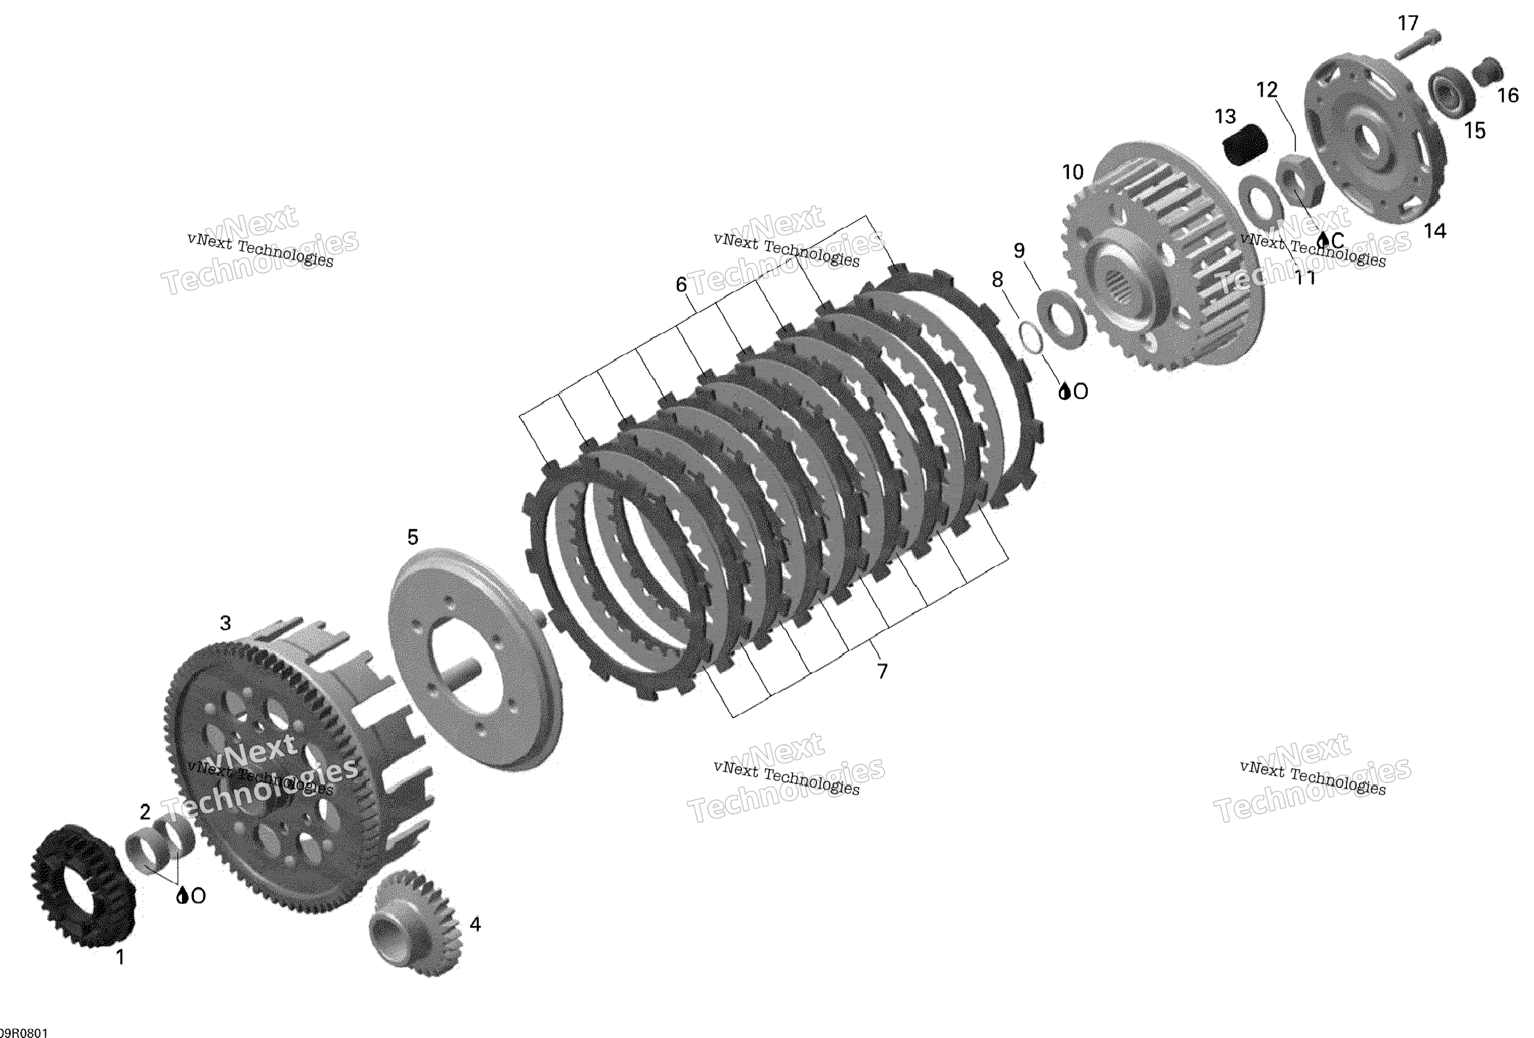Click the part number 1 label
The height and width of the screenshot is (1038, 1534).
[x=120, y=957]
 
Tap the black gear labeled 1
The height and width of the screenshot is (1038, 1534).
[x=83, y=885]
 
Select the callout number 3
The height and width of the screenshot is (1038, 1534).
[x=225, y=623]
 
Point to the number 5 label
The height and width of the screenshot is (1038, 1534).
[x=412, y=537]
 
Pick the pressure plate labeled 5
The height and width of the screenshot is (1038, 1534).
[x=475, y=660]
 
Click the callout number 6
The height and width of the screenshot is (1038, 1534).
[x=681, y=285]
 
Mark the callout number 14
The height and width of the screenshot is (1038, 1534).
[x=1435, y=231]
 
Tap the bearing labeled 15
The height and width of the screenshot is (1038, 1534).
[x=1452, y=96]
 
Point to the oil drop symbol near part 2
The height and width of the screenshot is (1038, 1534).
[x=182, y=895]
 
